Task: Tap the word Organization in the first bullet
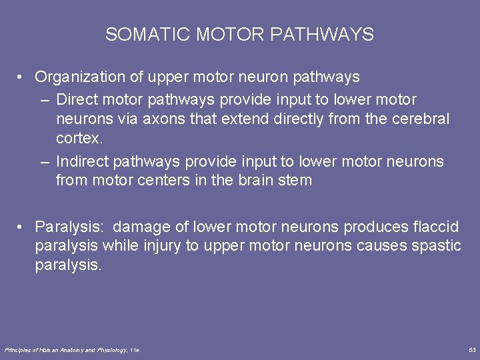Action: (x=80, y=77)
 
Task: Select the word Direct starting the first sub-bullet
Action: (x=77, y=100)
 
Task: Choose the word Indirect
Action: (x=83, y=161)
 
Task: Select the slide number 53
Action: (x=472, y=350)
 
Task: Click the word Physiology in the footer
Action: (x=112, y=350)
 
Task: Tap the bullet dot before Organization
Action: (x=22, y=77)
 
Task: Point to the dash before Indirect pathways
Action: (x=44, y=161)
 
